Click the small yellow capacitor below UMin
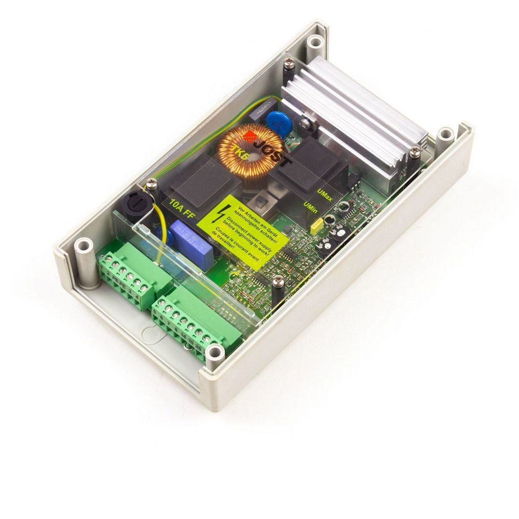pos(317,225)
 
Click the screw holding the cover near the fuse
pos(151,183)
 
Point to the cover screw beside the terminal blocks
pos(278,281)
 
